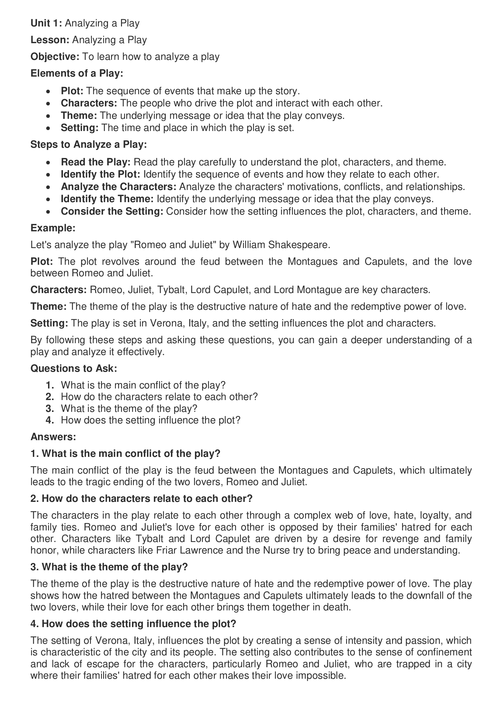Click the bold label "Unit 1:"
pyautogui.click(x=46, y=23)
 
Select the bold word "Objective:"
pyautogui.click(x=55, y=57)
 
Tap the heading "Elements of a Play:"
pyautogui.click(x=77, y=73)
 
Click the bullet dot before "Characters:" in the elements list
pyautogui.click(x=48, y=103)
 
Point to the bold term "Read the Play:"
pyautogui.click(x=96, y=162)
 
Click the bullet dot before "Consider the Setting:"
pyautogui.click(x=48, y=212)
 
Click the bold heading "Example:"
pyautogui.click(x=53, y=228)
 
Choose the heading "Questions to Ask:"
pyautogui.click(x=74, y=368)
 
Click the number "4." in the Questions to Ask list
pyautogui.click(x=50, y=420)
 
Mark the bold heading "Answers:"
pyautogui.click(x=53, y=437)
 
